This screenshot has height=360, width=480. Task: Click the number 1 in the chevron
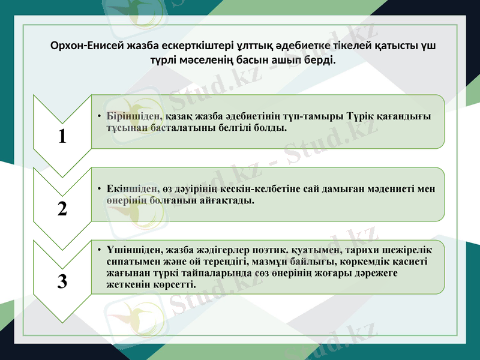click(x=62, y=136)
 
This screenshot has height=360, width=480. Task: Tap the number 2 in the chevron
click(x=62, y=209)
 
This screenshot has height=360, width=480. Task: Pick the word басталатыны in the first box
click(x=181, y=128)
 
